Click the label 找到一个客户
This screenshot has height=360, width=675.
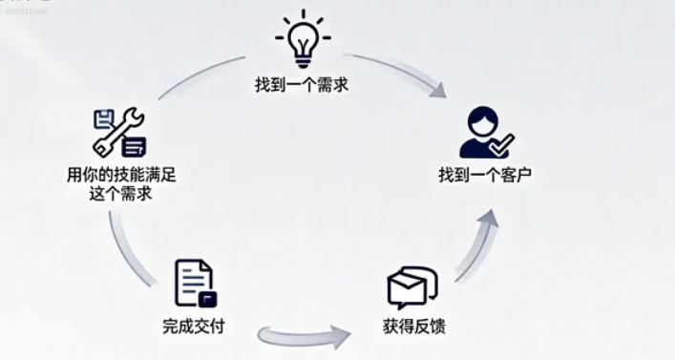point(484,177)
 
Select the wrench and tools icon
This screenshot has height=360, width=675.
point(119,132)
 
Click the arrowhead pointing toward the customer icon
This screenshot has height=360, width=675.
point(438,91)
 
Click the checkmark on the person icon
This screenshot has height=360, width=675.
point(502,145)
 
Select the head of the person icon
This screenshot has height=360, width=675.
point(480,121)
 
